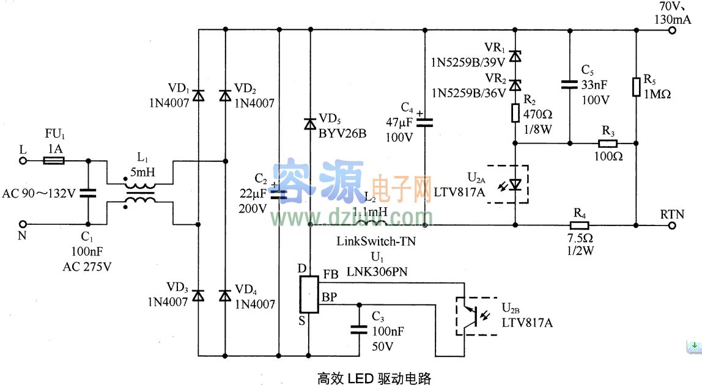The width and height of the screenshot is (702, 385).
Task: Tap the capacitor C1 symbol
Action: [88, 194]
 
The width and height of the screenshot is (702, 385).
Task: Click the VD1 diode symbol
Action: [198, 95]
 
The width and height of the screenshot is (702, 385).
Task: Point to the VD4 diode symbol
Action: [225, 295]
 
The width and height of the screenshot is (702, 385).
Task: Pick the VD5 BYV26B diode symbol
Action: [310, 124]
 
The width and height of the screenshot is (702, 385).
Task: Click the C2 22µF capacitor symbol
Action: [279, 194]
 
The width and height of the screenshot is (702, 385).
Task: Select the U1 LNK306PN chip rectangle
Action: [310, 294]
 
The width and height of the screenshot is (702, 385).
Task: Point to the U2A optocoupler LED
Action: [515, 183]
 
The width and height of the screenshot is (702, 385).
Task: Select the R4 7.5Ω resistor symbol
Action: [579, 225]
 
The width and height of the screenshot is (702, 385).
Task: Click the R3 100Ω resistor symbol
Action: [607, 144]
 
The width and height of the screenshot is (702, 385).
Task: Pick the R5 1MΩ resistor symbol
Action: [637, 86]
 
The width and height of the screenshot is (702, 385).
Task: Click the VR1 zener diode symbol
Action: [515, 56]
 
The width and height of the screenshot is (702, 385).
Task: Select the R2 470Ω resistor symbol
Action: [515, 112]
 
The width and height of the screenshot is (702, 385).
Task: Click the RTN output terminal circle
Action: [673, 225]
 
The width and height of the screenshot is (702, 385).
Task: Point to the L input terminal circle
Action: [23, 161]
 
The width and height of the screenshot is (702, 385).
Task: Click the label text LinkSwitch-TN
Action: [375, 241]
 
